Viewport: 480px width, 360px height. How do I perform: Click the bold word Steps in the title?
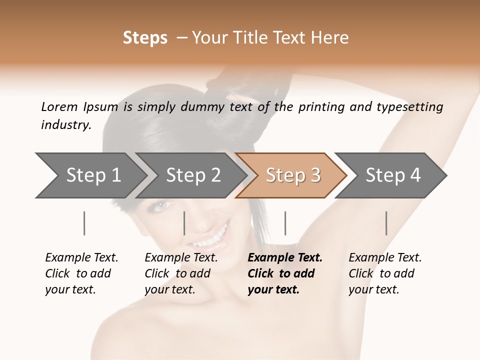pos(145,38)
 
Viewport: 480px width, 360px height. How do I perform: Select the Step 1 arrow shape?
pos(90,175)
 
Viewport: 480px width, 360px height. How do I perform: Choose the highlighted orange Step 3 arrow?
pos(292,175)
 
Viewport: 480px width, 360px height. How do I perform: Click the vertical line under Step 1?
pos(84,223)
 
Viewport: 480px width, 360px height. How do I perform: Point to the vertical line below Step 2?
pos(184,223)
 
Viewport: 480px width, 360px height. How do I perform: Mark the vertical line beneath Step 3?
pos(285,223)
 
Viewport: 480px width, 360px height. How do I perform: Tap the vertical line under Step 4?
pos(386,223)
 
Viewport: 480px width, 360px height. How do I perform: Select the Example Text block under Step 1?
pos(81,273)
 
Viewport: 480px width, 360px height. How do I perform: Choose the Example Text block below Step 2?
pos(181,273)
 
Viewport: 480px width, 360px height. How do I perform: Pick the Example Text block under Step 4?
pos(385,273)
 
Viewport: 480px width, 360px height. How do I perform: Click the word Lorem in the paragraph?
pos(59,107)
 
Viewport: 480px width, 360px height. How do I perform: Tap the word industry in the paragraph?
pos(66,125)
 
